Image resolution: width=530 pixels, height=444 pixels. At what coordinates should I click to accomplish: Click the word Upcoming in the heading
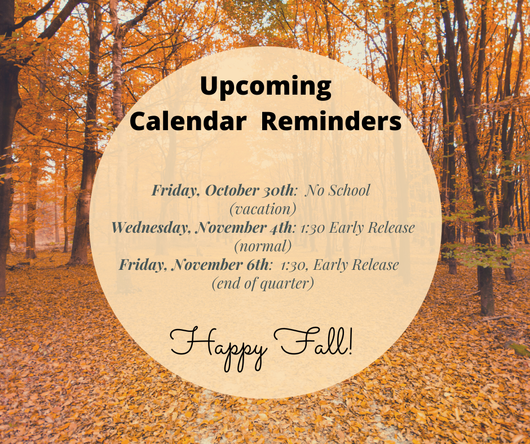(265, 88)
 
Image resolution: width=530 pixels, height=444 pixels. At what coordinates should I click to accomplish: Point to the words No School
(338, 190)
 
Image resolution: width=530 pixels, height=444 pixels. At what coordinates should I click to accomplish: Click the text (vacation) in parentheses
(263, 208)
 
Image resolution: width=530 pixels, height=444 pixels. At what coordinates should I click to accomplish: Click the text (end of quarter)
(263, 283)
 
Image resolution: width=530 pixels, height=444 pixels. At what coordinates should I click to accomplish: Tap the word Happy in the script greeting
(218, 343)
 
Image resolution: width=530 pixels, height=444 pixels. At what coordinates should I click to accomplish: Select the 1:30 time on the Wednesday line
(311, 228)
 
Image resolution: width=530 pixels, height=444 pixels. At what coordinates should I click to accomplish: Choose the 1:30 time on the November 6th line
(289, 264)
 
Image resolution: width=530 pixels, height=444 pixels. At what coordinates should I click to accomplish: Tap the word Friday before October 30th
(174, 190)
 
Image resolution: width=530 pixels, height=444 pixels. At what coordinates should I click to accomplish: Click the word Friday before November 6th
(142, 264)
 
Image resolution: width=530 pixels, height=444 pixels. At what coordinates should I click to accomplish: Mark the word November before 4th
(228, 228)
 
